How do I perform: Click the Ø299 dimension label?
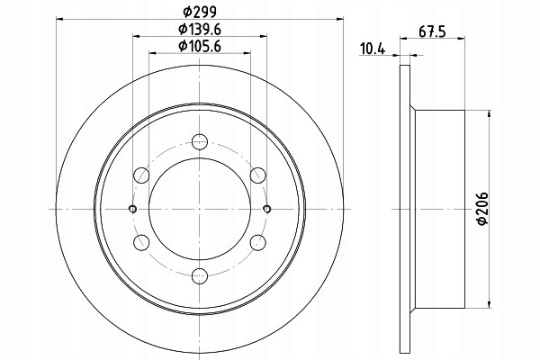200,13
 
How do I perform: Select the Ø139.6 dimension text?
200,30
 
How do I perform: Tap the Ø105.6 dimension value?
200,46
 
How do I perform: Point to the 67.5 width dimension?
433,31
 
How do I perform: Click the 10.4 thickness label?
373,49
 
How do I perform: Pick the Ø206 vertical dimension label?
482,209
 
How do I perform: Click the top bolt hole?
200,141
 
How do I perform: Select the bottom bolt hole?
200,276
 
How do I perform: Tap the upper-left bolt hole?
141,175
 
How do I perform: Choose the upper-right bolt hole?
258,175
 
